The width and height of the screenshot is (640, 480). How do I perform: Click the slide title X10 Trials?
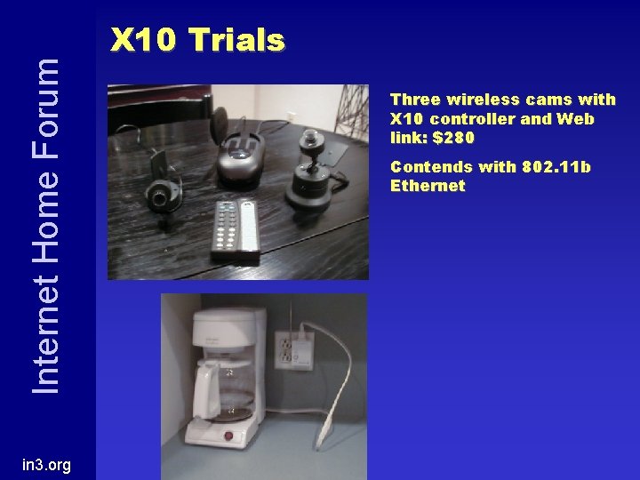click(x=196, y=39)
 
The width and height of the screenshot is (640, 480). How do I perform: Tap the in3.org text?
click(x=47, y=466)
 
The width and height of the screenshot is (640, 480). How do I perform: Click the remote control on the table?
click(x=235, y=229)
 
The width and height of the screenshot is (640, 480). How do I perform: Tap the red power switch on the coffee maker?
click(x=227, y=436)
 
